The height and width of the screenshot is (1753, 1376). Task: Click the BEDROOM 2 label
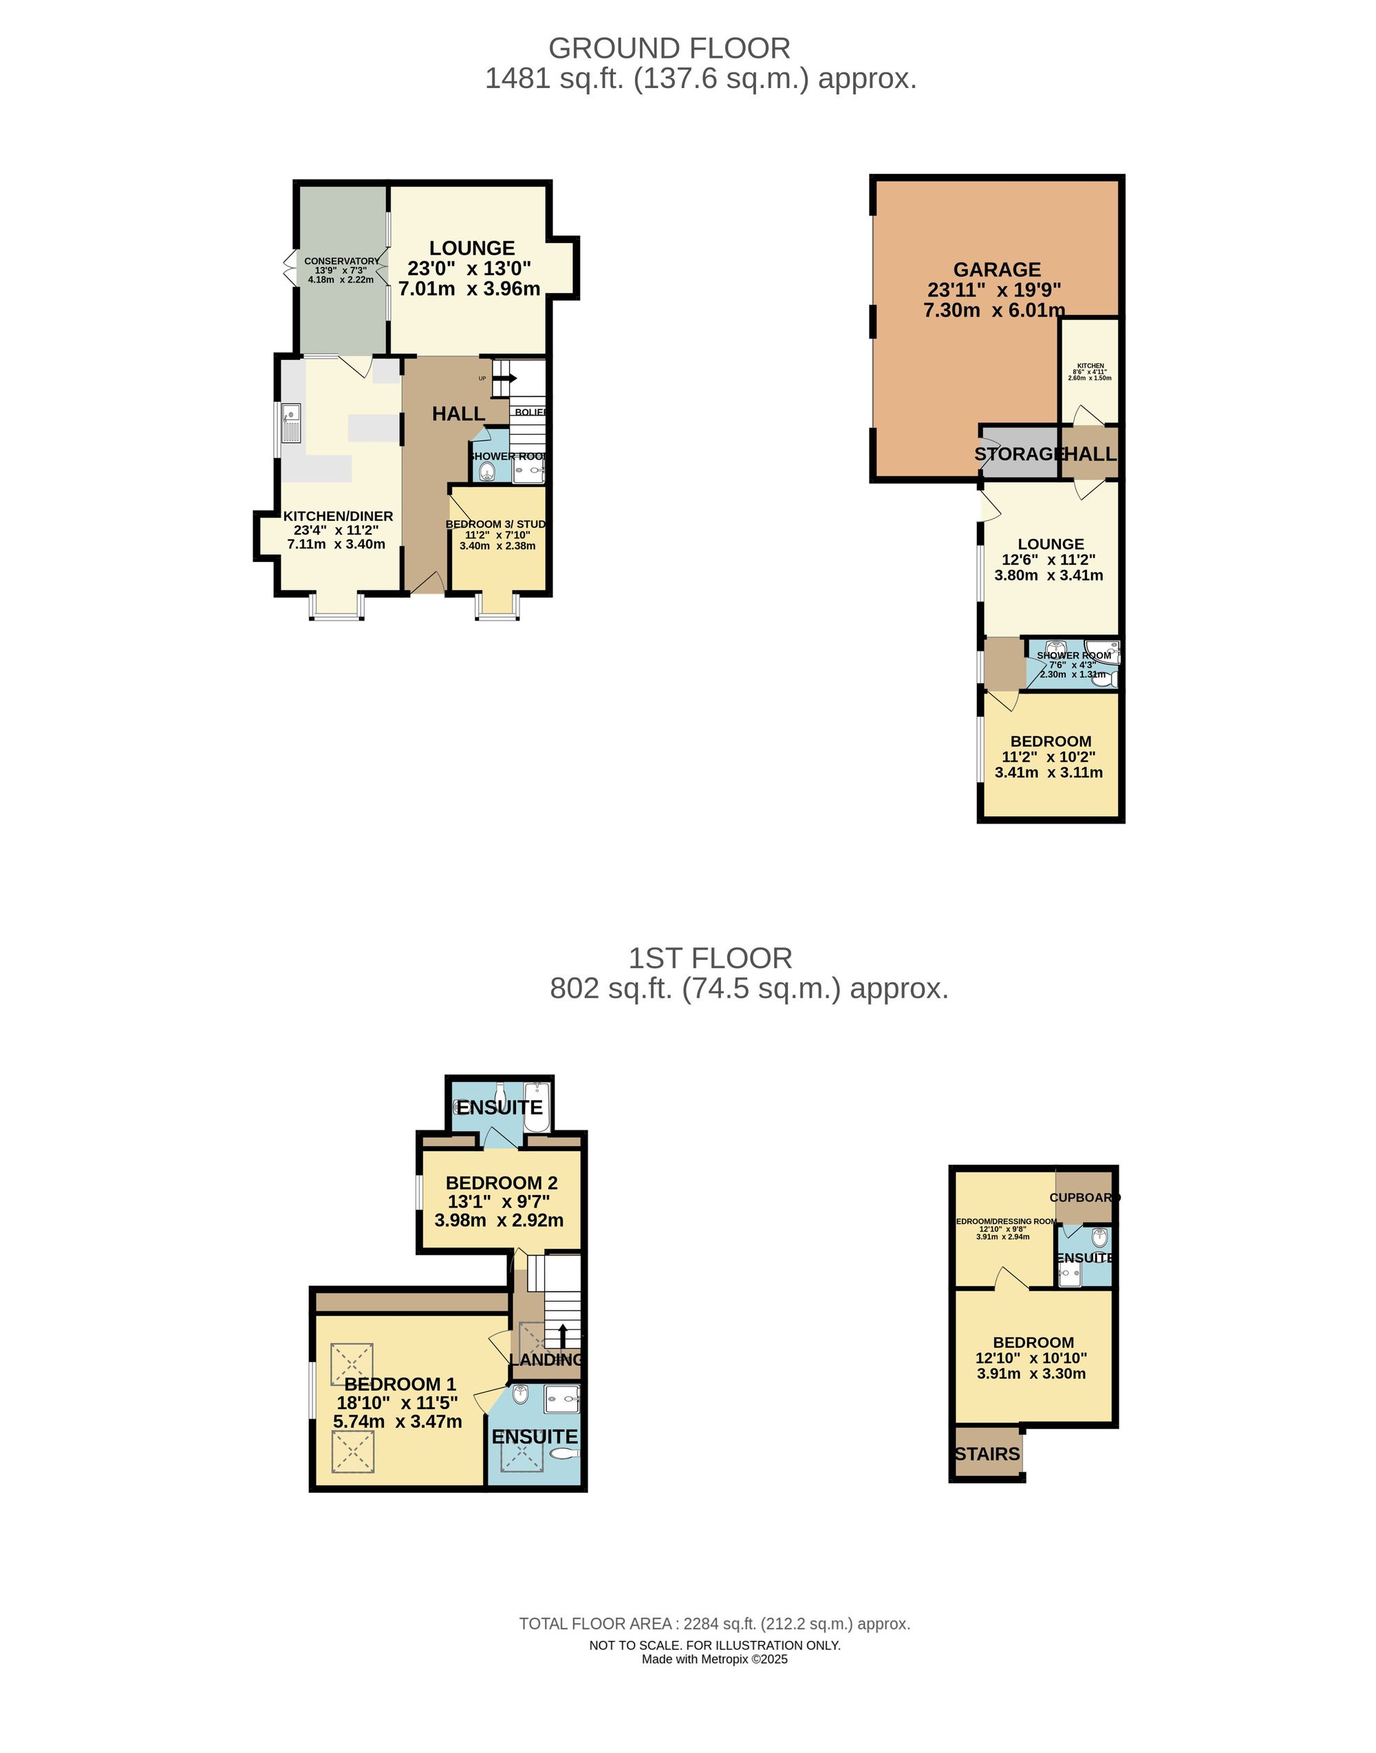point(501,1183)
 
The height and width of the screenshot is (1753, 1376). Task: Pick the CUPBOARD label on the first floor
point(1084,1197)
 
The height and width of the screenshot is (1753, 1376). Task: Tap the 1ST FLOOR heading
point(710,958)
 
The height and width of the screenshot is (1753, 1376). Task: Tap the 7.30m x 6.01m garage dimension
point(994,310)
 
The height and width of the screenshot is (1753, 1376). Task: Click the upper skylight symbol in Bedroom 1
point(353,1364)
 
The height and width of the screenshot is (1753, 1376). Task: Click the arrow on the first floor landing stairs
point(562,1334)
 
